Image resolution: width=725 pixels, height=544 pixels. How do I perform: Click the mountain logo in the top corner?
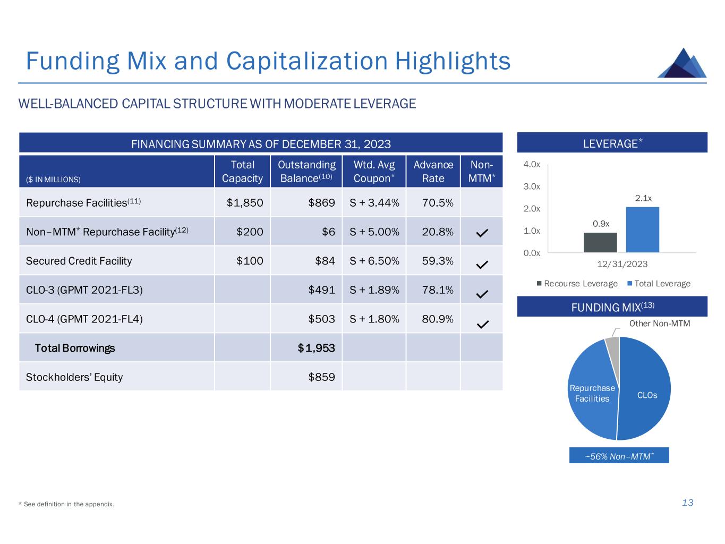click(x=682, y=63)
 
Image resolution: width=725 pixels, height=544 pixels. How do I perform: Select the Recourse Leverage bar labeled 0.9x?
click(x=600, y=242)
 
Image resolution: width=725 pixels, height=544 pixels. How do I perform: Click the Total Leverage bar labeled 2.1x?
click(x=642, y=229)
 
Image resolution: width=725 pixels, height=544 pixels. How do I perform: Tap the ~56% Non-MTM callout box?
click(x=619, y=456)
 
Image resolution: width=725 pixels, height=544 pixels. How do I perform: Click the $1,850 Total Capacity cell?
click(x=244, y=203)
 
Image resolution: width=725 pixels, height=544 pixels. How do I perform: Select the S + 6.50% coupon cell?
click(x=374, y=261)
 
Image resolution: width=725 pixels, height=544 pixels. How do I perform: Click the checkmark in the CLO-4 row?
click(x=482, y=324)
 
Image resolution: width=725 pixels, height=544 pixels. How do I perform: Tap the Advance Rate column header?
click(x=433, y=172)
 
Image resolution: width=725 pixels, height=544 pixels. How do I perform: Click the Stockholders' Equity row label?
click(x=74, y=377)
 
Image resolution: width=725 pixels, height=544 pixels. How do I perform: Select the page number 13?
click(x=687, y=503)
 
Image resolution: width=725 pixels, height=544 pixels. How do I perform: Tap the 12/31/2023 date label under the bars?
click(x=622, y=264)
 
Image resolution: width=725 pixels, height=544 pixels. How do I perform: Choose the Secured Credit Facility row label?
click(x=79, y=261)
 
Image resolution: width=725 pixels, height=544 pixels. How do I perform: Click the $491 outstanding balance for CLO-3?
click(x=321, y=290)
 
